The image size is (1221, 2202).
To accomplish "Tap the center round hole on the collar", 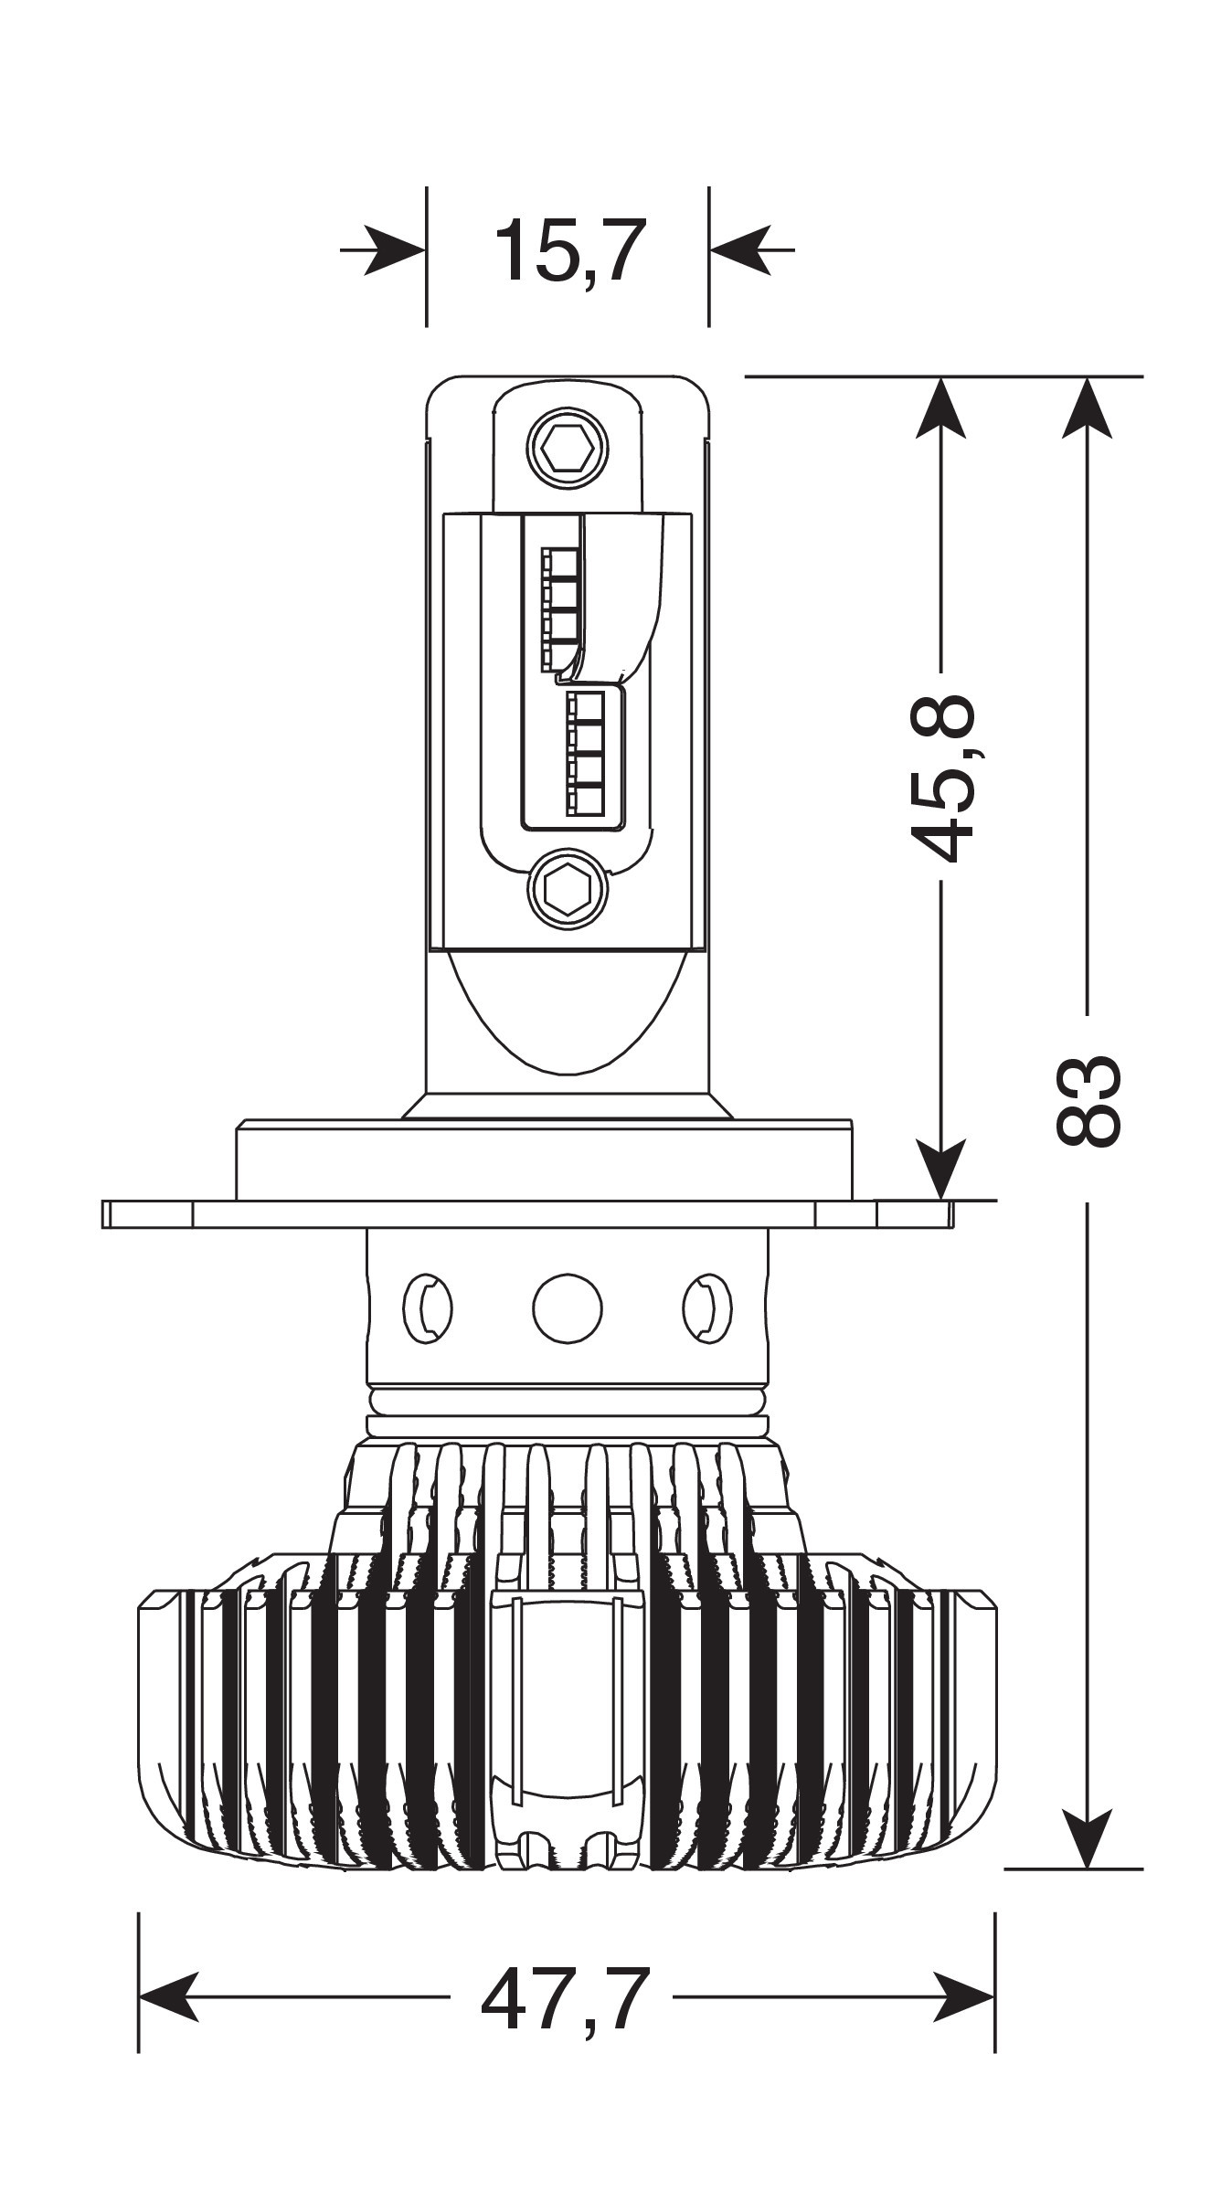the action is click(568, 1308).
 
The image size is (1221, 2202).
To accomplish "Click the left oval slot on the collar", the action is click(428, 1308).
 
